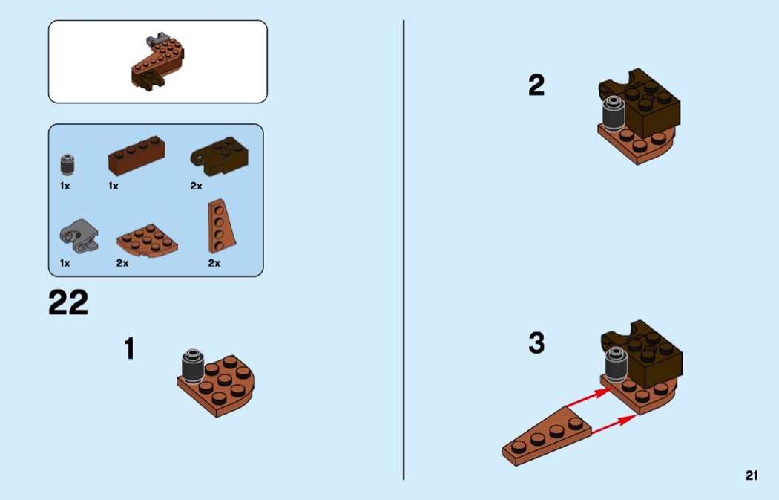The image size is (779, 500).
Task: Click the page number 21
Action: click(x=752, y=475)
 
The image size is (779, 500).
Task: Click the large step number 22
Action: click(x=68, y=302)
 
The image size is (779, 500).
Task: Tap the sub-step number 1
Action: click(x=130, y=348)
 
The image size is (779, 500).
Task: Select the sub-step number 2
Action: click(x=536, y=85)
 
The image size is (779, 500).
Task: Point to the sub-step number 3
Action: click(x=536, y=342)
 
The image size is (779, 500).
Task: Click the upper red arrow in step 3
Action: click(x=588, y=398)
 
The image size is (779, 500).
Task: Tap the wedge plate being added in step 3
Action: click(x=547, y=436)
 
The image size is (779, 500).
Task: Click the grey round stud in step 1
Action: click(x=192, y=366)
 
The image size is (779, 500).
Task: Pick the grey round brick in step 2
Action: click(x=613, y=114)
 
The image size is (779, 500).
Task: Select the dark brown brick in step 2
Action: click(x=641, y=103)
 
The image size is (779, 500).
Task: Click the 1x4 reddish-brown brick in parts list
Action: click(x=137, y=156)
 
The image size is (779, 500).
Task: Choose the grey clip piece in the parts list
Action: click(x=79, y=237)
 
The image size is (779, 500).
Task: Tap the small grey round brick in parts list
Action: click(x=68, y=165)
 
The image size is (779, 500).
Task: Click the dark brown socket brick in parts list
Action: click(x=219, y=156)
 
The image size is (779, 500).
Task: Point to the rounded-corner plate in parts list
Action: click(x=147, y=241)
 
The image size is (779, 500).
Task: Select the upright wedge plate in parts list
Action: click(x=222, y=227)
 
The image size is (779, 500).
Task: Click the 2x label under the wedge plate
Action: click(x=214, y=263)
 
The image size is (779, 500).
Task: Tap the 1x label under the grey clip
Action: click(x=65, y=263)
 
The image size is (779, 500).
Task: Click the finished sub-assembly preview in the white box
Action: click(x=158, y=62)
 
